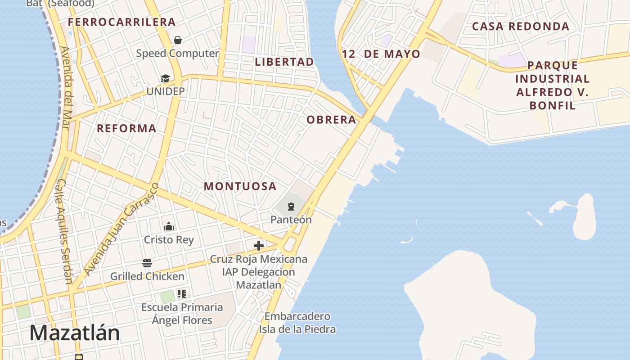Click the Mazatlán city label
(x=75, y=333)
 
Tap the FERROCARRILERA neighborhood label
(x=121, y=22)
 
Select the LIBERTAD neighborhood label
(x=284, y=62)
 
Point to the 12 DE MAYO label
(x=381, y=54)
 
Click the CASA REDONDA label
(x=521, y=27)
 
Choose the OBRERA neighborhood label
(x=331, y=120)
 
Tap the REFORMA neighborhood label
(x=126, y=129)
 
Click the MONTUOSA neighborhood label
(x=240, y=186)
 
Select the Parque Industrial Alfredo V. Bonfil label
(x=552, y=85)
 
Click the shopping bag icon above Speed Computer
(x=178, y=40)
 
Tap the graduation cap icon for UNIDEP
(x=166, y=79)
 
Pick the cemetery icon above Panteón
(x=291, y=207)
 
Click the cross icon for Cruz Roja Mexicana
(x=259, y=246)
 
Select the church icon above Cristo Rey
(x=169, y=226)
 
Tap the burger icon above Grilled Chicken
(x=147, y=263)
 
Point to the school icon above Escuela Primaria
(x=182, y=294)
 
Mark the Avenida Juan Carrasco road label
(x=121, y=229)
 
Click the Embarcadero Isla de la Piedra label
(x=297, y=323)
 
